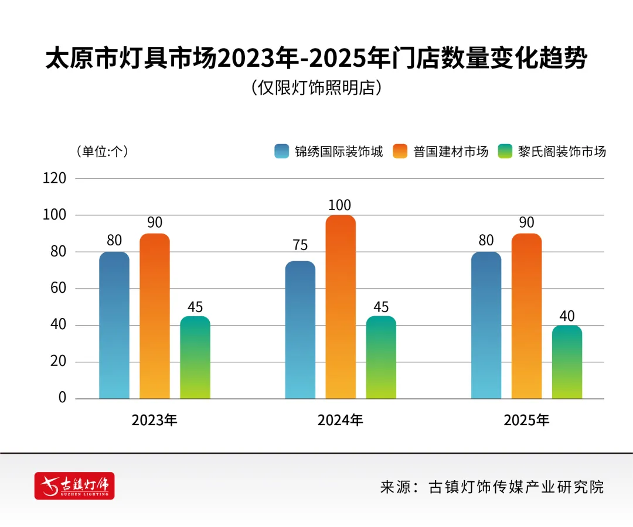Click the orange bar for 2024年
coord(341,307)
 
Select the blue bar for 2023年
coord(114,325)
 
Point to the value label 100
coord(340,206)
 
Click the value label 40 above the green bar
coord(567,316)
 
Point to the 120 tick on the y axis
coord(55,179)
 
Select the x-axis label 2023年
coord(154,420)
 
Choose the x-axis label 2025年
coord(526,420)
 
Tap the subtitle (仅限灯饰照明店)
coord(316,88)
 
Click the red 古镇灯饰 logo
coord(74,486)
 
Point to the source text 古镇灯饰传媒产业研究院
coord(516,487)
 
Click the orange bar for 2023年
coord(155,316)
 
